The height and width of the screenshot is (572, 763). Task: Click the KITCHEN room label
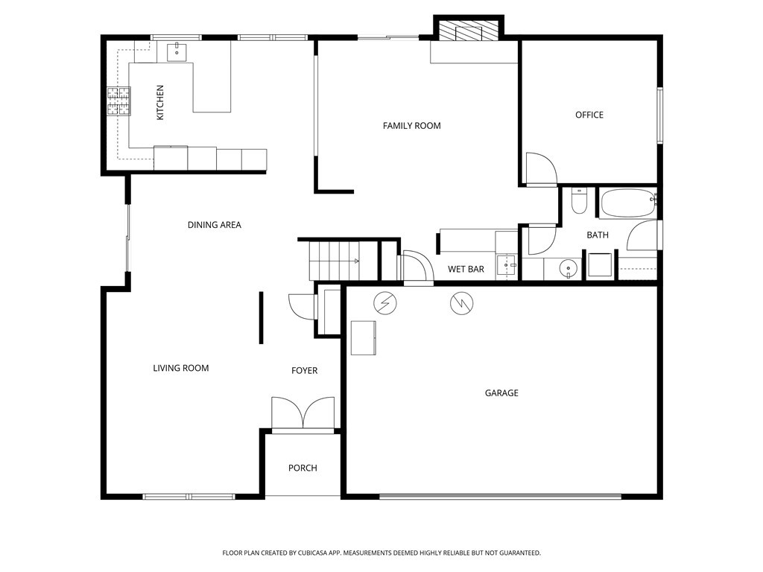click(x=160, y=103)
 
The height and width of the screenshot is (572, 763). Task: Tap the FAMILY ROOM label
click(x=411, y=126)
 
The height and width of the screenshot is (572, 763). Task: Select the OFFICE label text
click(x=589, y=115)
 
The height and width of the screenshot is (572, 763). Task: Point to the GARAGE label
click(x=501, y=393)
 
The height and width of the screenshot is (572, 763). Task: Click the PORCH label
click(x=303, y=468)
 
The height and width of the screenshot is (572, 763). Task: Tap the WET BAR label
click(x=466, y=269)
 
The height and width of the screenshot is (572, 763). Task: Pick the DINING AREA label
click(x=215, y=225)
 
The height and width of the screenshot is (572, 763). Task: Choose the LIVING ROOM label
click(x=181, y=368)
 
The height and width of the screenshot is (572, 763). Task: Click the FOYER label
click(x=305, y=371)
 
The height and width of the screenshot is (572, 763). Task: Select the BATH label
click(x=598, y=235)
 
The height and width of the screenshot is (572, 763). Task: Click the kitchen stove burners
click(x=119, y=101)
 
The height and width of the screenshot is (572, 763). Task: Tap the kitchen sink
click(x=177, y=51)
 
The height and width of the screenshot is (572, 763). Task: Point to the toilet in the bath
click(x=579, y=200)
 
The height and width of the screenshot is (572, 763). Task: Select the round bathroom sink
click(x=568, y=268)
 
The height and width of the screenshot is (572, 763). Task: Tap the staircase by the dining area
click(x=343, y=260)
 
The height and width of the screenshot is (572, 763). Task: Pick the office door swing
click(x=541, y=169)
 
